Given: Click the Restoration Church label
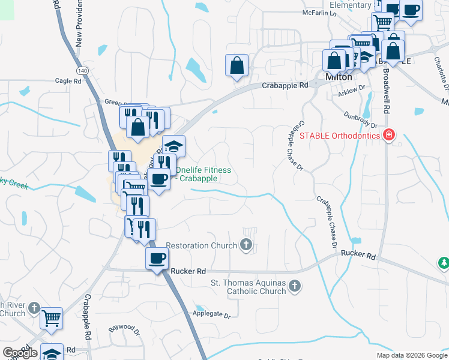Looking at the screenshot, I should [x=202, y=245].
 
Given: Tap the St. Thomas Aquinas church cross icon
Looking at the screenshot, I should [x=294, y=286].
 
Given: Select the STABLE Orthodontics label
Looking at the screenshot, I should [x=340, y=135].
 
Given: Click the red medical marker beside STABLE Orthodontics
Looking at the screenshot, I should [x=389, y=134].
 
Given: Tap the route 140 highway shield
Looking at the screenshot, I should [x=82, y=71].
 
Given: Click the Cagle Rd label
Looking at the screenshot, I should [x=68, y=81].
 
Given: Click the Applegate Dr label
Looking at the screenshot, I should [x=211, y=314].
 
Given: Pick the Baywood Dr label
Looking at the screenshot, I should [x=123, y=330].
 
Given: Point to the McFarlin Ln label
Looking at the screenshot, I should [x=318, y=11].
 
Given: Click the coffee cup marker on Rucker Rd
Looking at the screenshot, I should [x=158, y=259].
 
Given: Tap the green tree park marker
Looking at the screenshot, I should [x=443, y=263].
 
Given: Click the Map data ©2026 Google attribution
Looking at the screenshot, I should [x=411, y=355].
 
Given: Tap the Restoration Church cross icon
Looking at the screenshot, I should [x=246, y=244].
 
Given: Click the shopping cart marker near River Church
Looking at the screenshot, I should [x=52, y=317].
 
